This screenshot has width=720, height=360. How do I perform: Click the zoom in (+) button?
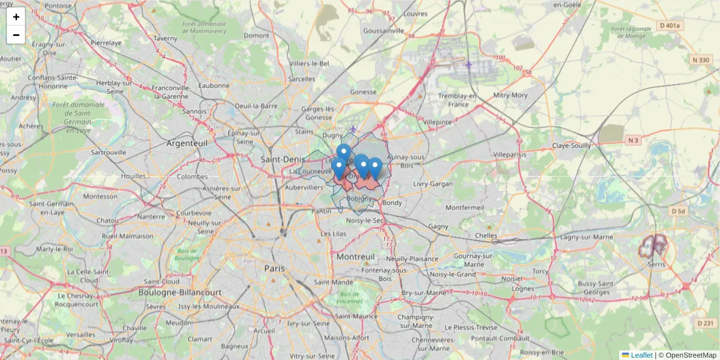coord(16,17)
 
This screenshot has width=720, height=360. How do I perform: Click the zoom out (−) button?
coord(16,35)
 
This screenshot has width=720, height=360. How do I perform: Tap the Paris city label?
coord(274,268)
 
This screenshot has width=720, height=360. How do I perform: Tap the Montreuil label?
coord(356,256)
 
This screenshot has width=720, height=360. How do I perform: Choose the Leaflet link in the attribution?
coord(641,355)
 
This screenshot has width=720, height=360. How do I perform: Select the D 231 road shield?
coord(706,323)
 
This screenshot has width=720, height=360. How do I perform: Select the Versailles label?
coord(80,334)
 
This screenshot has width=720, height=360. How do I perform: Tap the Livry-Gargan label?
coord(433,184)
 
